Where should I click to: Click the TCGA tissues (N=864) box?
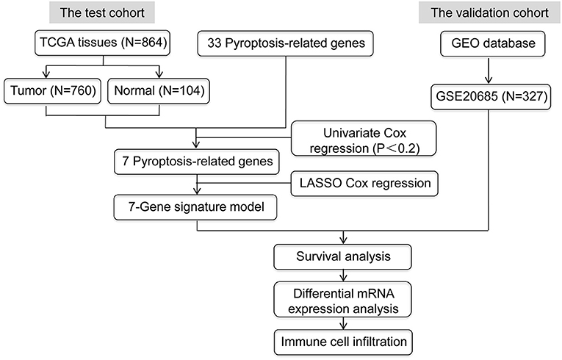(103, 43)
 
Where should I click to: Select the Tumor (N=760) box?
(53, 91)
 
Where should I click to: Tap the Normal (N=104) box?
(159, 91)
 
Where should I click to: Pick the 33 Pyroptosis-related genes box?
(286, 43)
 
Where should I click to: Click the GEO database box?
(493, 43)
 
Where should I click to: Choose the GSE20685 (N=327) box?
(491, 96)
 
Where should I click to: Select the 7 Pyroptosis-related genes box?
(197, 162)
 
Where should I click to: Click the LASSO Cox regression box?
(364, 184)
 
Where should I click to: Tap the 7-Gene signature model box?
(195, 207)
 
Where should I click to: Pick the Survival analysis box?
(342, 256)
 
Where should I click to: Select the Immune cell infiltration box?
(343, 342)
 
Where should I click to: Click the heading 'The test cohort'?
(102, 12)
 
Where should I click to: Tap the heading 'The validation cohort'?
(489, 12)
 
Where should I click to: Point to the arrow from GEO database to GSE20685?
(488, 70)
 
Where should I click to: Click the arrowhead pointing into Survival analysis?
(343, 240)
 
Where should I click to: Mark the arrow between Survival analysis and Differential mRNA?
(343, 276)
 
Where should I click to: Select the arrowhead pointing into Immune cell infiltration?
(343, 325)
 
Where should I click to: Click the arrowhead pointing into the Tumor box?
(46, 74)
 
